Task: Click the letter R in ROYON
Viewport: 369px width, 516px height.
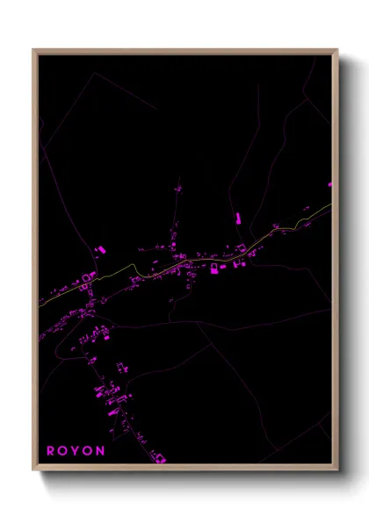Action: pos(50,451)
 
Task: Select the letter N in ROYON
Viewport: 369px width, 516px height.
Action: pos(101,451)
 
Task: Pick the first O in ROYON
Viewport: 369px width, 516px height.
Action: pos(62,451)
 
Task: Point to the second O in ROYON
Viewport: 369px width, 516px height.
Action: pos(89,451)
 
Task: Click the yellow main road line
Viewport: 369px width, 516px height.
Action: pos(158,269)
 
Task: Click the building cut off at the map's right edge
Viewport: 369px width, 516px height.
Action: pos(330,185)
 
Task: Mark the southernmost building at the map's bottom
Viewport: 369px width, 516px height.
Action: pos(160,456)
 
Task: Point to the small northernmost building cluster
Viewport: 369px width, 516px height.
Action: pos(178,189)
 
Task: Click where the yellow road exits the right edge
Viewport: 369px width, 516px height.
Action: pos(331,205)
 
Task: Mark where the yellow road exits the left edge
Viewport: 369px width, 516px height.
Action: pos(39,304)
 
